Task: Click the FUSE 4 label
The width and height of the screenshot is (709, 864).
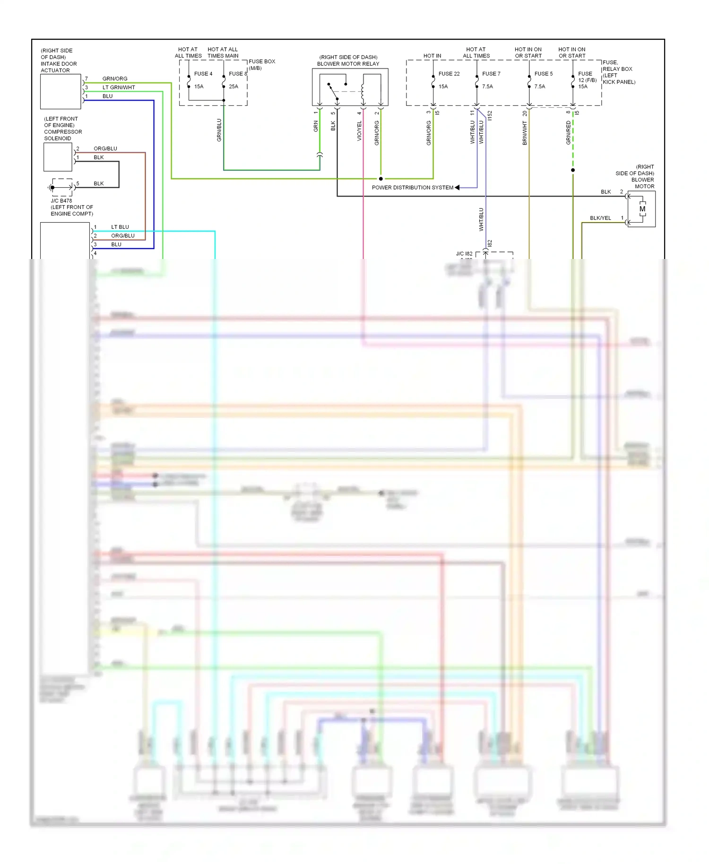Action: click(203, 74)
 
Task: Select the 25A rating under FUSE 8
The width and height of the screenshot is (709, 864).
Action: click(233, 86)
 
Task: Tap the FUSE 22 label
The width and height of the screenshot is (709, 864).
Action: click(449, 74)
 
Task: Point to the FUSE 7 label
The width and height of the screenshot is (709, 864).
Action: click(491, 74)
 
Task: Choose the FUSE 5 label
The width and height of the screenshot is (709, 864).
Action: click(543, 74)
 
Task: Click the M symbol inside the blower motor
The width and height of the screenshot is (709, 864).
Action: click(642, 209)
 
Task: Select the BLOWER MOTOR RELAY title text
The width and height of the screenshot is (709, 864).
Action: click(348, 64)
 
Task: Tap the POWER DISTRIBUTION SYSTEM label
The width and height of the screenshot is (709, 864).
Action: click(412, 188)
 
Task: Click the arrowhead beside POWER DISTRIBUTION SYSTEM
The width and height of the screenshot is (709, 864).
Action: click(457, 188)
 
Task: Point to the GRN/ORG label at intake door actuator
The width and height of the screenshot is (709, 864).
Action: click(115, 79)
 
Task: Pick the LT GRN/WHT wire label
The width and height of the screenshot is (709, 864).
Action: click(119, 87)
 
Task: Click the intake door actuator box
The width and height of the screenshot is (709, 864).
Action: click(61, 92)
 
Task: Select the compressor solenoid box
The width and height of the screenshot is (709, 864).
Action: click(58, 157)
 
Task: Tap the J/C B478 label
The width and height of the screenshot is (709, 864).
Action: click(61, 201)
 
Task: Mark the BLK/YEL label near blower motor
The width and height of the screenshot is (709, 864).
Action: click(600, 218)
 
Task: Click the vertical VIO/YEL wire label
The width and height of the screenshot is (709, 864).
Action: click(359, 131)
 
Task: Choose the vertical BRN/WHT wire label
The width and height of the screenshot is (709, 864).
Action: click(525, 133)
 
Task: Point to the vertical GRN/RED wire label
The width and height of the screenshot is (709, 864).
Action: click(569, 133)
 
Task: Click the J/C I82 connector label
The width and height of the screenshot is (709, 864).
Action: click(464, 254)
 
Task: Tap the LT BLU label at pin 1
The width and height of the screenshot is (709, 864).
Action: click(120, 227)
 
